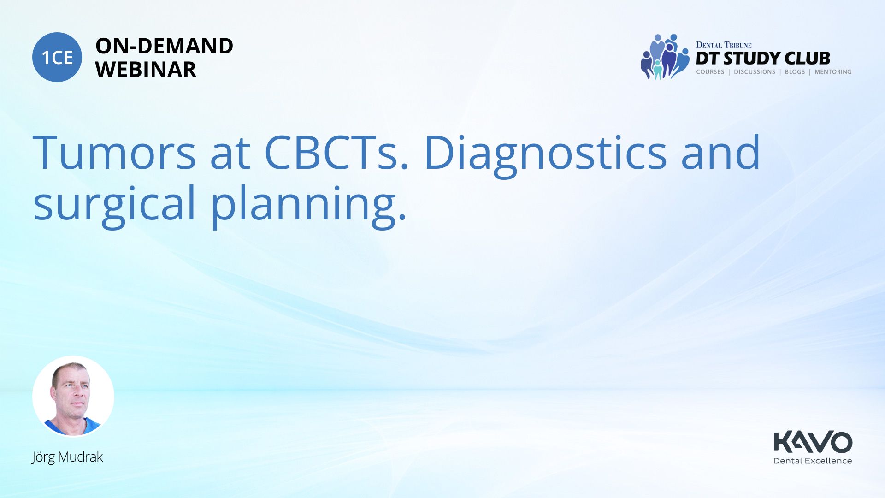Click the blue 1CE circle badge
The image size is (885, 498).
coord(57,57)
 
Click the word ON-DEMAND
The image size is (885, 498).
coord(164,46)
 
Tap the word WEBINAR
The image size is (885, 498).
coord(146,70)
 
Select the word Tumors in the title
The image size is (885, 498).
coord(114,153)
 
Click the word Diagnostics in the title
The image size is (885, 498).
coord(545,155)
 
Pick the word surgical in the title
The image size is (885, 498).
coord(115,206)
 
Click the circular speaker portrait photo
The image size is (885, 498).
coord(73,397)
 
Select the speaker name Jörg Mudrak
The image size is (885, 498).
coord(67,457)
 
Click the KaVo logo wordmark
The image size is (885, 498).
coord(813,442)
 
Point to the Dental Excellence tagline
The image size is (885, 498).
coord(813,461)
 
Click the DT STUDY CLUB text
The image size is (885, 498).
coord(763,58)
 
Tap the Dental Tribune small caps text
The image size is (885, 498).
coord(724,45)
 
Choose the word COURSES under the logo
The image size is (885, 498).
coord(710,72)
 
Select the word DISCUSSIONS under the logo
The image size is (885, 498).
coord(755,72)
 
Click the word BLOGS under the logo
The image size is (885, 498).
coord(795,72)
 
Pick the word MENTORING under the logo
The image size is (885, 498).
coord(833,72)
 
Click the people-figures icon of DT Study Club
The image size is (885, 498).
coord(665,57)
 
